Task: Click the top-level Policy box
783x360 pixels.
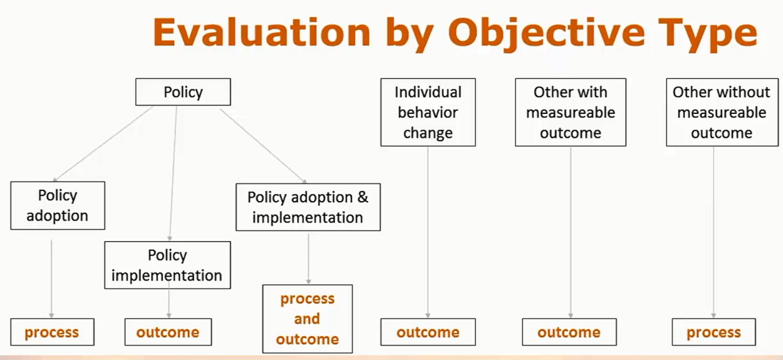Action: [x=183, y=92]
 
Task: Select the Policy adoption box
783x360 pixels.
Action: [x=58, y=205]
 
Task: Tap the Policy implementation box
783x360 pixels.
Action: [x=168, y=265]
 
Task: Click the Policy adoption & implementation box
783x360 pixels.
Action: [x=308, y=207]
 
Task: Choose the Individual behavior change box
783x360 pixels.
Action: [x=428, y=112]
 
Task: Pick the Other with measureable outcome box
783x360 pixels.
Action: [x=570, y=112]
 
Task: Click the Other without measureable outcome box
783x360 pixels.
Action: [x=722, y=112]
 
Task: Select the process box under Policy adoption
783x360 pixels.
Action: [x=52, y=332]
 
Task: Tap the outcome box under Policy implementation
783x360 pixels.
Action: [x=168, y=332]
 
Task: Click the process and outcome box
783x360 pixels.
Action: [x=308, y=319]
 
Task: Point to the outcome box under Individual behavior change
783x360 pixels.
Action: [x=428, y=332]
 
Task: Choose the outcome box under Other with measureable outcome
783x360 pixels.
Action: [x=569, y=332]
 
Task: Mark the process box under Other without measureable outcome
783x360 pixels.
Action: [x=714, y=332]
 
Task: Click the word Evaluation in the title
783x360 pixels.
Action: [x=262, y=32]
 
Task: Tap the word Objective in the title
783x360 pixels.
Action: [x=547, y=35]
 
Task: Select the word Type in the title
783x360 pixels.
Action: [x=708, y=35]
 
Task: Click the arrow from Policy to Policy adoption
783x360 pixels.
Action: [x=103, y=144]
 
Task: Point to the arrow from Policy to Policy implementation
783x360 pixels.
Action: [x=173, y=173]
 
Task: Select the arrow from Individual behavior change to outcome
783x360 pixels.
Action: [x=428, y=232]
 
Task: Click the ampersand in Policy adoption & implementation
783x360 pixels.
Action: [x=363, y=197]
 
